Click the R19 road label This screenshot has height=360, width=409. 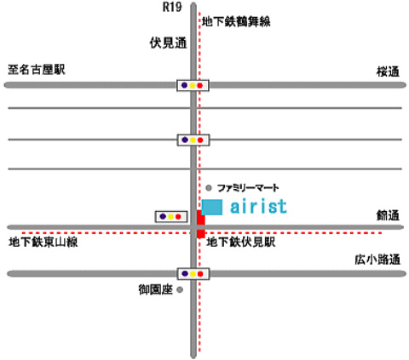click(x=172, y=7)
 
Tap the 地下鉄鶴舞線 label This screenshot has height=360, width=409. click(x=236, y=21)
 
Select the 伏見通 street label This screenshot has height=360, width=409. click(x=169, y=43)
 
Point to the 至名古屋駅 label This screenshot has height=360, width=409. click(x=37, y=70)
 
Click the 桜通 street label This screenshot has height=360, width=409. click(x=388, y=71)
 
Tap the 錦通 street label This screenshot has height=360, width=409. click(x=388, y=215)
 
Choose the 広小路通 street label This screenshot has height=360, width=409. click(x=377, y=260)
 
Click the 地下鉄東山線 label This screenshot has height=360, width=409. click(x=43, y=243)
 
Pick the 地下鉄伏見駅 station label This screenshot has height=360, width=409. click(x=241, y=243)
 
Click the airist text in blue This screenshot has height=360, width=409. click(x=258, y=206)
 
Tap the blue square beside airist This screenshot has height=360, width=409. click(x=212, y=208)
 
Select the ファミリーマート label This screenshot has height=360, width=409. click(x=248, y=188)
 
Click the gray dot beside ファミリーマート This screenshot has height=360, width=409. click(x=209, y=188)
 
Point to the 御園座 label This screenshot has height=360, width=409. click(x=156, y=289)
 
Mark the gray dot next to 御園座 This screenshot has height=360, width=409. click(x=180, y=289)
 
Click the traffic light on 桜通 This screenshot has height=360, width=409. click(x=193, y=85)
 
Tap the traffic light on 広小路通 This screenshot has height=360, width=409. click(x=193, y=274)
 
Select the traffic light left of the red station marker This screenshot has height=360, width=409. click(x=171, y=217)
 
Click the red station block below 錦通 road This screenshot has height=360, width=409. click(x=201, y=234)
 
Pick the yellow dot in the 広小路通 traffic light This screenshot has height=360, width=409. click(x=193, y=274)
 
